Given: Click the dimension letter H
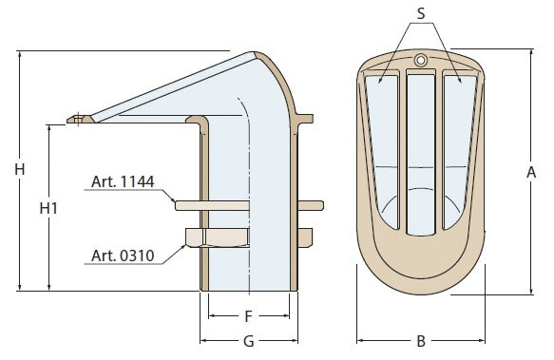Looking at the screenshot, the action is click(20, 170).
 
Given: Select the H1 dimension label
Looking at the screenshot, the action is click(48, 208).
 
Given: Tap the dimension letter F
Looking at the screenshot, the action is click(248, 316).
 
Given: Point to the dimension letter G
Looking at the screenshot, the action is click(249, 341).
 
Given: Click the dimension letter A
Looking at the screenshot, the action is click(531, 173).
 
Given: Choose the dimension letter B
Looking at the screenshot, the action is click(421, 341).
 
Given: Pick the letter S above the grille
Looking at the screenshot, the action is click(421, 13).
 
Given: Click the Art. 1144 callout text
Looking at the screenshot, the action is click(123, 181).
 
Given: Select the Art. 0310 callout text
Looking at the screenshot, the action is click(123, 256).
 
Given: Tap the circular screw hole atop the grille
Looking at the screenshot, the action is click(420, 60).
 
